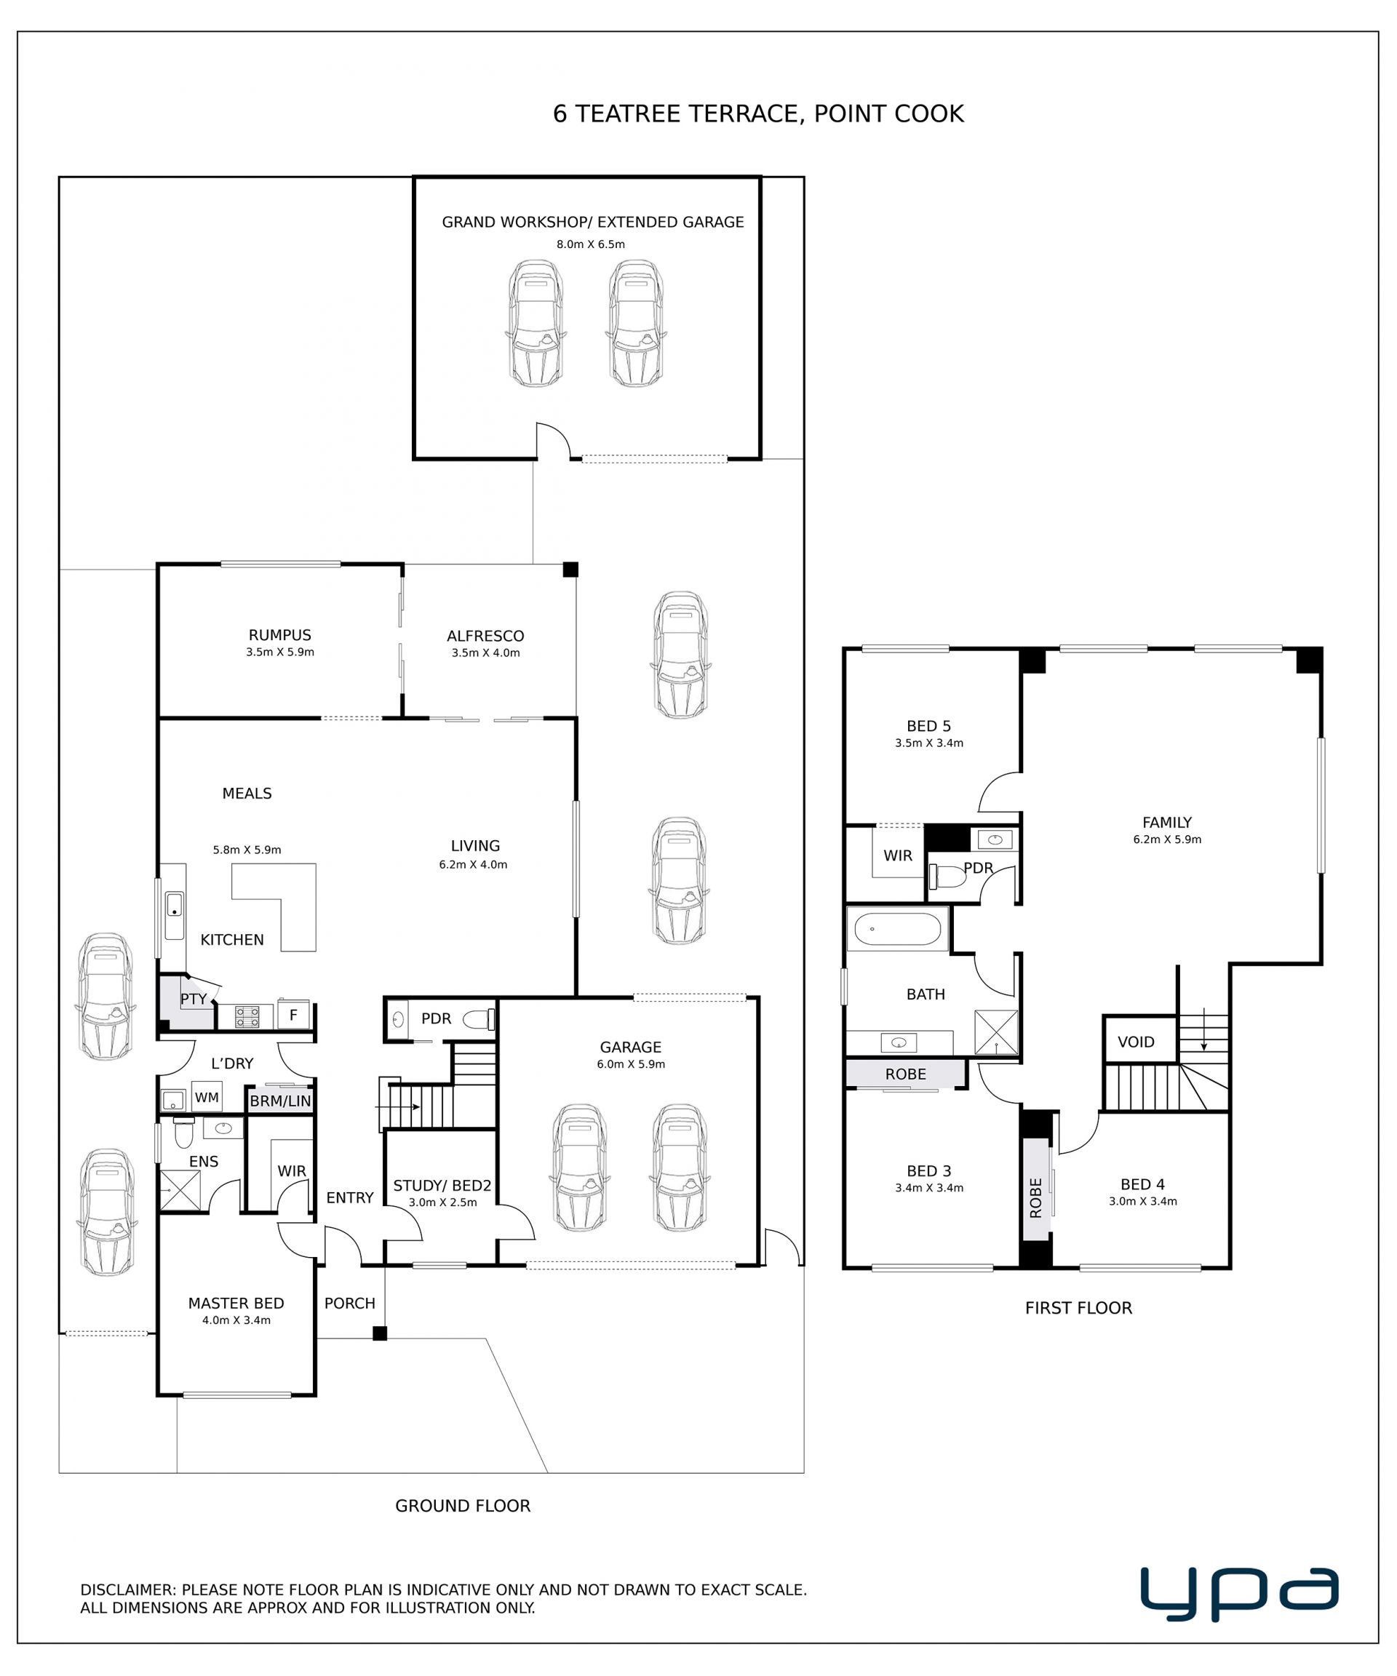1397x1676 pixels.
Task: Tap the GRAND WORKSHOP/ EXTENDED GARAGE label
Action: [x=592, y=222]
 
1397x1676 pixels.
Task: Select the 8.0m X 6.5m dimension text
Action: [x=591, y=244]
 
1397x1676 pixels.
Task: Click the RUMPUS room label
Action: [x=279, y=635]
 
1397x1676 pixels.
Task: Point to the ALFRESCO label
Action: [x=485, y=636]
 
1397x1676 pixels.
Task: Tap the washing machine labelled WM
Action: [x=207, y=1098]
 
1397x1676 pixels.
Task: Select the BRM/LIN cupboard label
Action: [x=280, y=1101]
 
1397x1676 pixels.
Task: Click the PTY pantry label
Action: [x=194, y=999]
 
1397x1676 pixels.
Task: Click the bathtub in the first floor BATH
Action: [x=897, y=929]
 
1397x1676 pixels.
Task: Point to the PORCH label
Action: [x=350, y=1304]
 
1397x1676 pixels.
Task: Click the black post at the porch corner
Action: [x=380, y=1333]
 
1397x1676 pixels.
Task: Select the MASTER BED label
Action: [x=236, y=1304]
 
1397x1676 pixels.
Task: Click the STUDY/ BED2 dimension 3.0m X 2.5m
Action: [x=442, y=1202]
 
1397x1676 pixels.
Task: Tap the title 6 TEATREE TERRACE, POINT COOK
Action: [x=758, y=114]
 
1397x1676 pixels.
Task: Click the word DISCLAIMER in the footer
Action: [x=128, y=1590]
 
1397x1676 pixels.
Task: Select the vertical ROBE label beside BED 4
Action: [x=1036, y=1197]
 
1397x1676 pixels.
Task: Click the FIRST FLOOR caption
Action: [x=1078, y=1308]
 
